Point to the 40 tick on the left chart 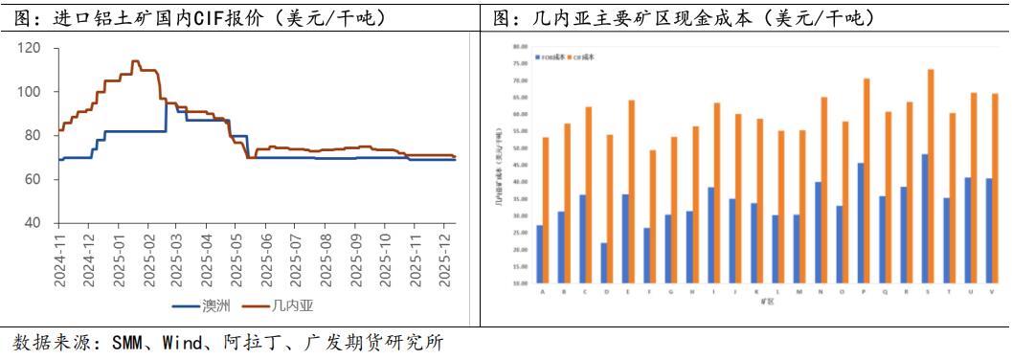pos(33,222)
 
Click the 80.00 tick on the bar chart pos(521,46)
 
